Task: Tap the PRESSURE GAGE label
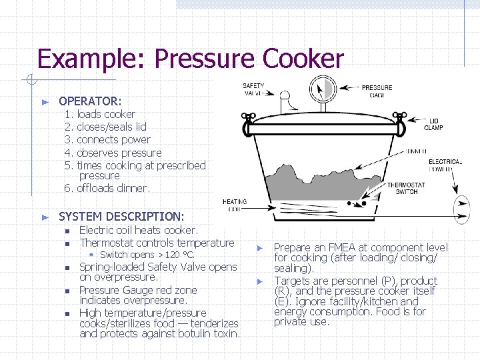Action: coord(377,91)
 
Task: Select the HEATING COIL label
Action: coord(234,205)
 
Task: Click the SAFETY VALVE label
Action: coord(253,89)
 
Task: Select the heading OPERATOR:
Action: coord(90,101)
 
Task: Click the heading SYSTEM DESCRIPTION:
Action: coord(121,216)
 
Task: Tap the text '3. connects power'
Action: coord(107,139)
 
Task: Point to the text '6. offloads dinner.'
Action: coord(107,188)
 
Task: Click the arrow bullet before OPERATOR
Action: coord(45,102)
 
